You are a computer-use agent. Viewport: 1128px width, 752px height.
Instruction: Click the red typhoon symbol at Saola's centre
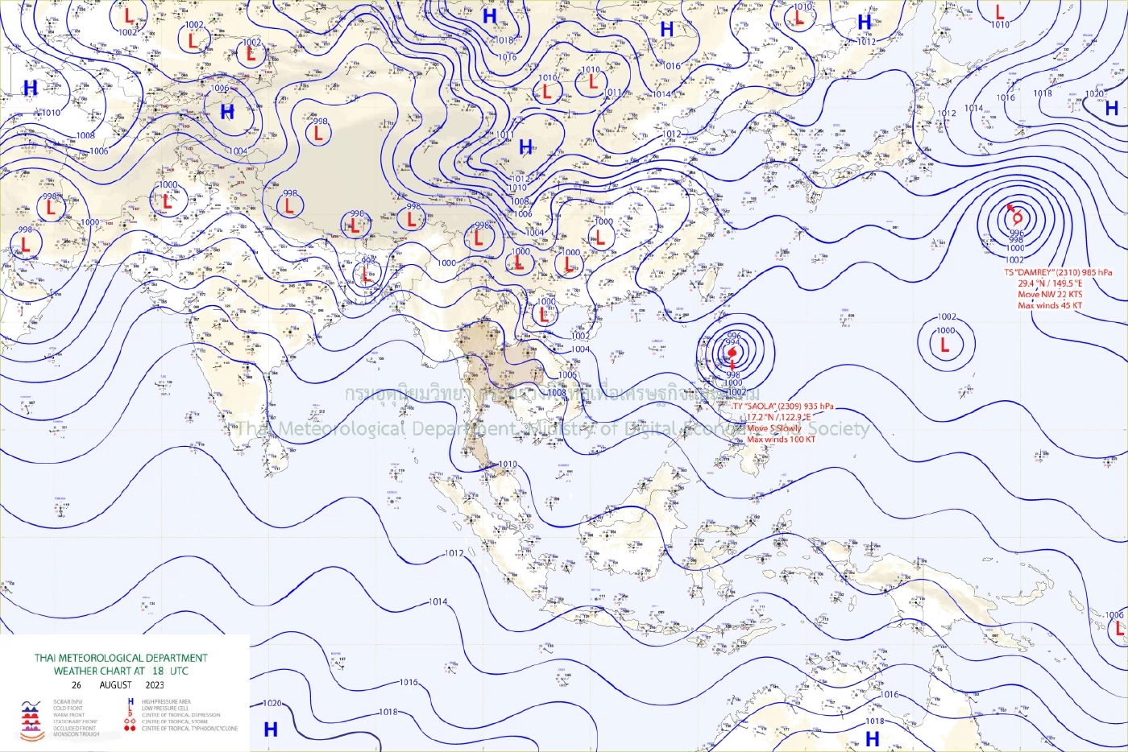(732, 352)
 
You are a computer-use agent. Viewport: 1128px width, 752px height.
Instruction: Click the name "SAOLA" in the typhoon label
(761, 407)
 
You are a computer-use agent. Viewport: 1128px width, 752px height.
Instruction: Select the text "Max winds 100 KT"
(781, 440)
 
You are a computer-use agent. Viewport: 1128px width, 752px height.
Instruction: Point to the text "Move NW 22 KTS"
(1050, 295)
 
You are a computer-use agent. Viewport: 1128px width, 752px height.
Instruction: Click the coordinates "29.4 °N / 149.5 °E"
(1050, 283)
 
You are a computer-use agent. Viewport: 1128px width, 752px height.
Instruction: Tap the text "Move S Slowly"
(774, 428)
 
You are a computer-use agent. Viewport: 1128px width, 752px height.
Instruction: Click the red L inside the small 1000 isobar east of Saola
(945, 345)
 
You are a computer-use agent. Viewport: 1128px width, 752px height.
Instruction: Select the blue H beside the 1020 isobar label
(271, 729)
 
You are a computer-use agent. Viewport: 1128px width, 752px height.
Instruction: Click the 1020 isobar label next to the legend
(272, 704)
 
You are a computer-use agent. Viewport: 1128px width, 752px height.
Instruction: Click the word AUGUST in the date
(115, 685)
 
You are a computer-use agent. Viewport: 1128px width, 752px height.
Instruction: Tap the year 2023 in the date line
(155, 685)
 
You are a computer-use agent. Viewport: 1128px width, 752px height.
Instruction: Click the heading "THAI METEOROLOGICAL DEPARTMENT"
(121, 658)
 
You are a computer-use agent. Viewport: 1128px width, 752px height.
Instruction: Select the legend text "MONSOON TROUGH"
(77, 734)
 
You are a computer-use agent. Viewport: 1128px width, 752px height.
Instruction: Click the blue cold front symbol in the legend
(31, 709)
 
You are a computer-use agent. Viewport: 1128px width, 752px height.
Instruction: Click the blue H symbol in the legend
(131, 702)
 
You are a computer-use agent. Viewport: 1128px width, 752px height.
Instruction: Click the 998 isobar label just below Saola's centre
(733, 375)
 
